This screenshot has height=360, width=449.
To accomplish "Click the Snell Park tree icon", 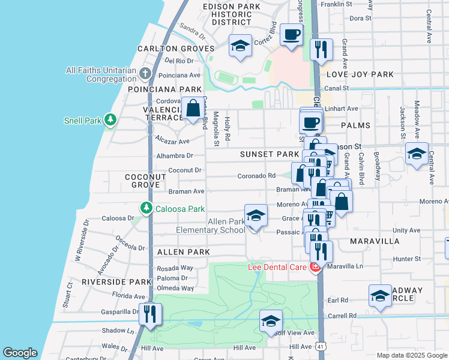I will [110, 121].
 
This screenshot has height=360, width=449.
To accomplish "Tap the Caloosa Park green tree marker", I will [145, 208].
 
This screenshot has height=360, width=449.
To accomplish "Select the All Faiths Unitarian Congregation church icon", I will [145, 74].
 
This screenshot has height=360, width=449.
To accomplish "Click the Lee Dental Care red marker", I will [314, 268].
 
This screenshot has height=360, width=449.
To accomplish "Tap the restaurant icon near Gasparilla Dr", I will [150, 313].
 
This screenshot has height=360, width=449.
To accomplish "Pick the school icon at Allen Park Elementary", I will [256, 215].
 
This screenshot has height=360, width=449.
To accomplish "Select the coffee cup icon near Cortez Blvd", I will [292, 34].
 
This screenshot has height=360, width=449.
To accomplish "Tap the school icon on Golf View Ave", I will [271, 320].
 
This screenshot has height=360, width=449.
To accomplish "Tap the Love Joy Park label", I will [360, 74].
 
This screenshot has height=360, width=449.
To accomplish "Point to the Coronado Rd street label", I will [256, 176].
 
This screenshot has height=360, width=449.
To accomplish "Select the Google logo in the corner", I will [20, 353].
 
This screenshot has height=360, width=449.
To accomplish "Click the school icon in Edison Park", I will [240, 46].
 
